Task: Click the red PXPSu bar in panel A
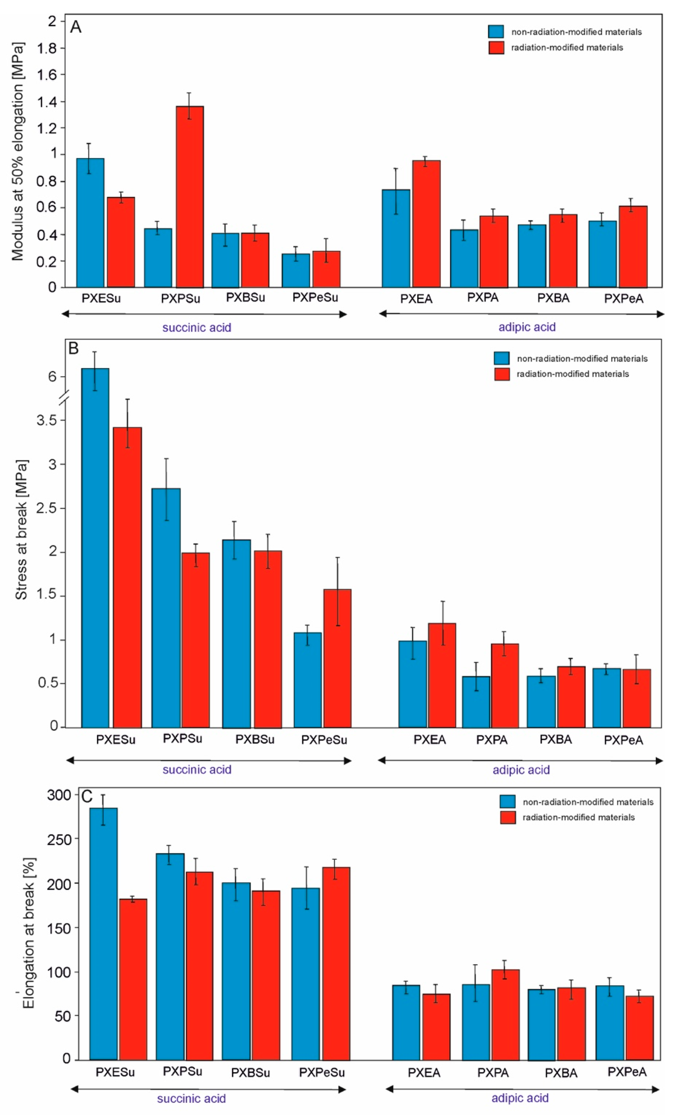tap(190, 197)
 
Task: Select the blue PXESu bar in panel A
tap(90, 223)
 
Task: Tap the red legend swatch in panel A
tap(496, 48)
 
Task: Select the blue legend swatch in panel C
tap(507, 802)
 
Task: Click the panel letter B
tap(73, 348)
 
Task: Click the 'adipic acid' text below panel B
tap(521, 770)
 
